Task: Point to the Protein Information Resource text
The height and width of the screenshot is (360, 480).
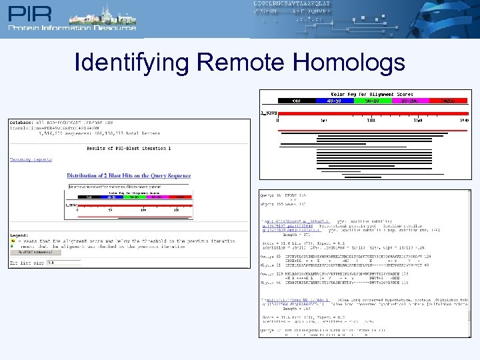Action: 72,27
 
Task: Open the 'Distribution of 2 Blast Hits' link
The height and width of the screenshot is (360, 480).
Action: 129,176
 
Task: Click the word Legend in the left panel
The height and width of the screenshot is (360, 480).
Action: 19,235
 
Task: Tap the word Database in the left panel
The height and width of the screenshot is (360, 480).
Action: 21,122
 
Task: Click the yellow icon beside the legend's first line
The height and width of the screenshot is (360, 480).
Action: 13,241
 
